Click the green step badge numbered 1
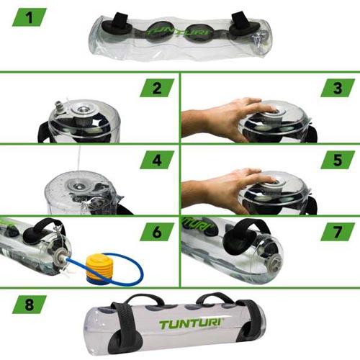[30, 17]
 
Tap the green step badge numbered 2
[157, 88]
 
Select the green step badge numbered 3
[338, 88]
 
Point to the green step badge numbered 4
[157, 160]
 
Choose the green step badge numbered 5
[338, 160]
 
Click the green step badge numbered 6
[157, 232]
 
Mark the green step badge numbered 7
[338, 232]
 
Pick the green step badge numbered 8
[30, 305]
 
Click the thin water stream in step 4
[78, 157]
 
